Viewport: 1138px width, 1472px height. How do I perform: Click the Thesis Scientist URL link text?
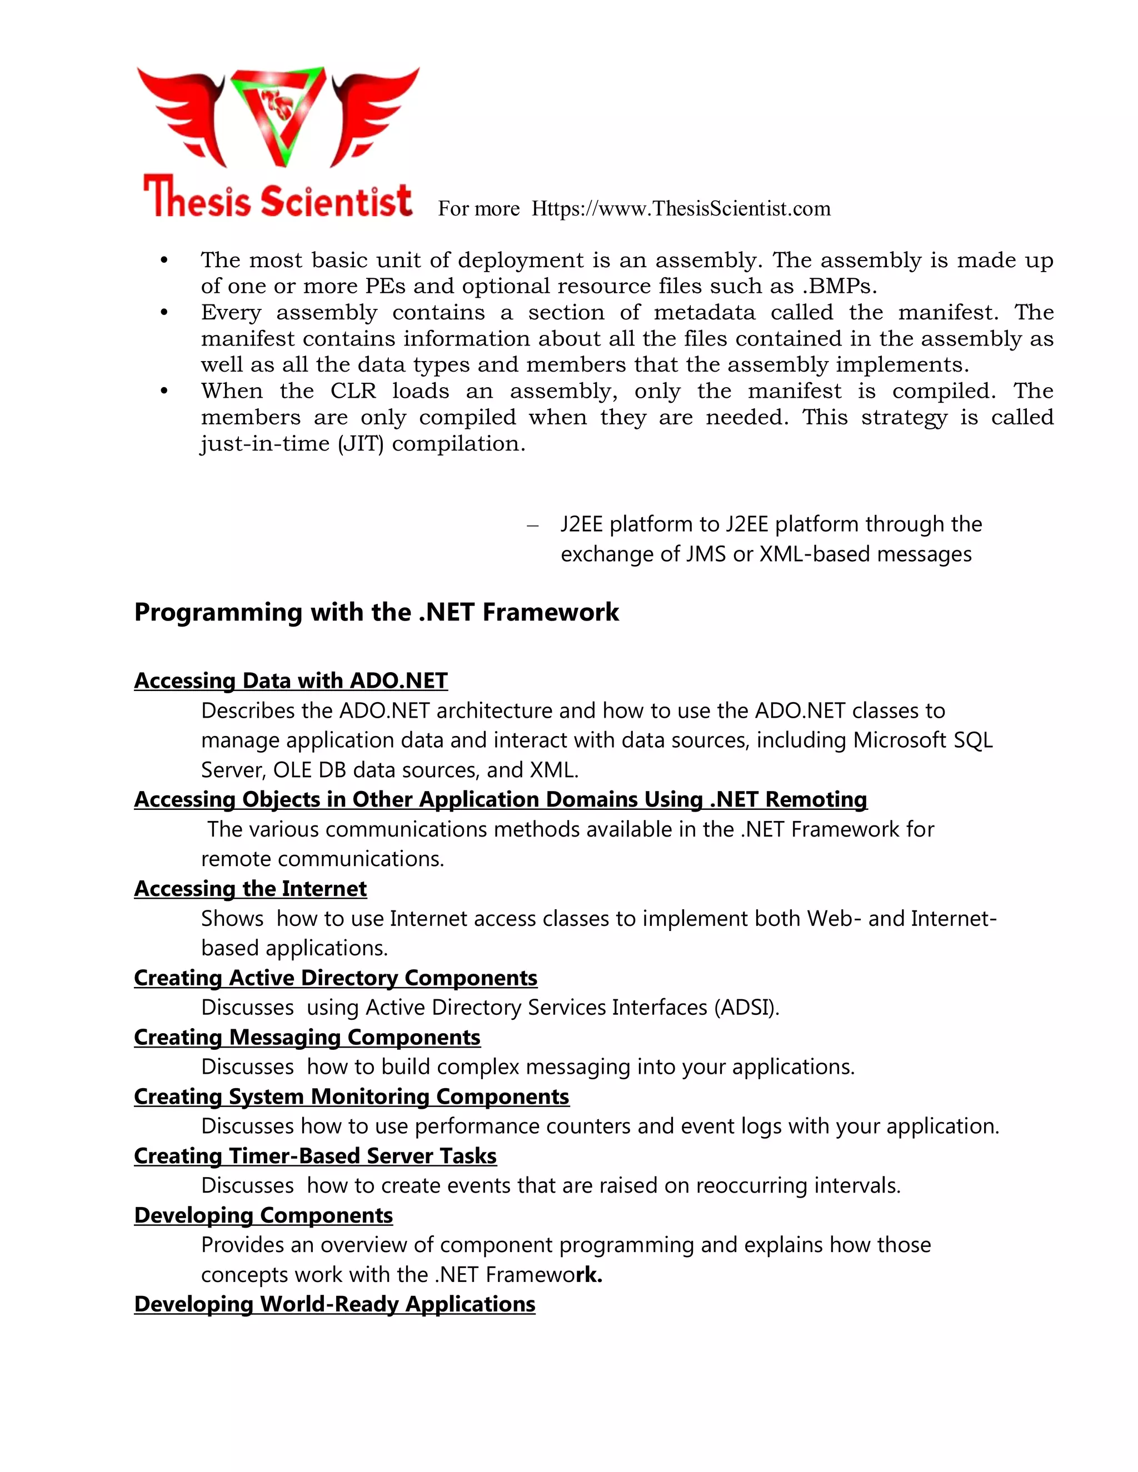680,209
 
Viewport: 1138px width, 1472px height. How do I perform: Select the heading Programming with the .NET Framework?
376,612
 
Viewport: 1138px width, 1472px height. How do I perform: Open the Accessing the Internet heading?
250,888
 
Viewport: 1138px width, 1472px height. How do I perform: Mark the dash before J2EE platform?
533,525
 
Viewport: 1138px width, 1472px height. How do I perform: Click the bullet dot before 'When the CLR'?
163,392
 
